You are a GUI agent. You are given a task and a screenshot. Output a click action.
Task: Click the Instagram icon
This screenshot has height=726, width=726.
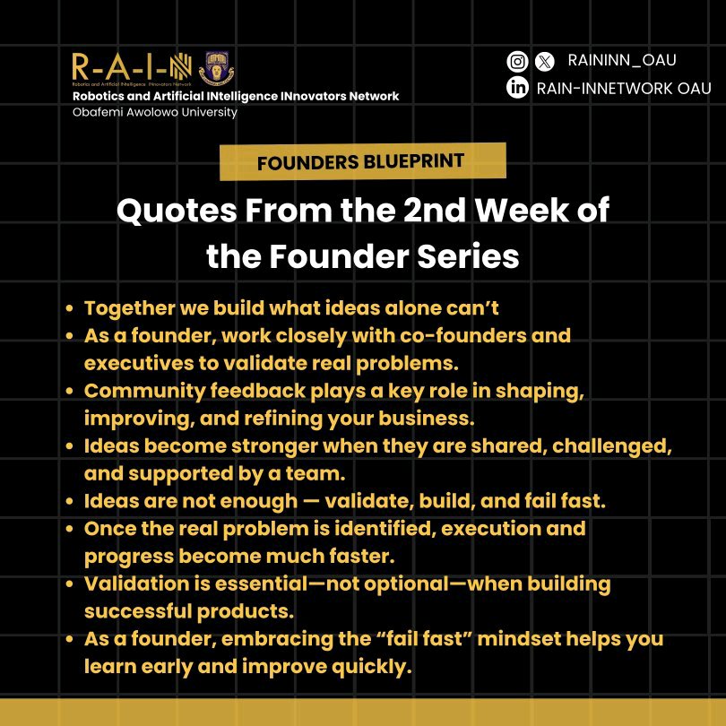(517, 62)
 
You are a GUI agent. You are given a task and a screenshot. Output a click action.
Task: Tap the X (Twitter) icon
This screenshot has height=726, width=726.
(544, 62)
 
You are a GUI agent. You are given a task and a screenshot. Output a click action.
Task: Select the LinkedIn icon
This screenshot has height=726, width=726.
(517, 88)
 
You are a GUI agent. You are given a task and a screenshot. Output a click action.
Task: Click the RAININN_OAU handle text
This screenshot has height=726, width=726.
(621, 61)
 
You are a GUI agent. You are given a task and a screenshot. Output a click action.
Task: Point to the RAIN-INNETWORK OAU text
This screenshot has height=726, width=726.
(623, 88)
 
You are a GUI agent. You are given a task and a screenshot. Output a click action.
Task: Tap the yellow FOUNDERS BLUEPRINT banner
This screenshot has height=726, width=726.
(362, 161)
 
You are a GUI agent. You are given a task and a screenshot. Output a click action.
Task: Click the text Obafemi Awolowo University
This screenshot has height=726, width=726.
(154, 112)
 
